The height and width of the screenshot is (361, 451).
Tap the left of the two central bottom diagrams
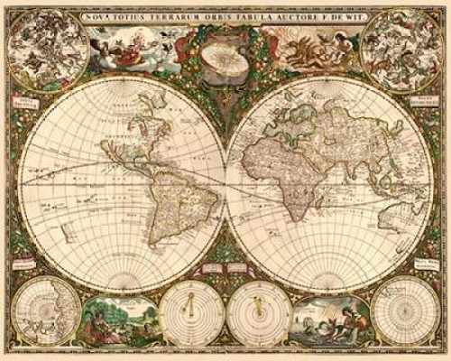[190, 320]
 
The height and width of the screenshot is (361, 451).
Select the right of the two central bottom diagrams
[258, 320]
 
